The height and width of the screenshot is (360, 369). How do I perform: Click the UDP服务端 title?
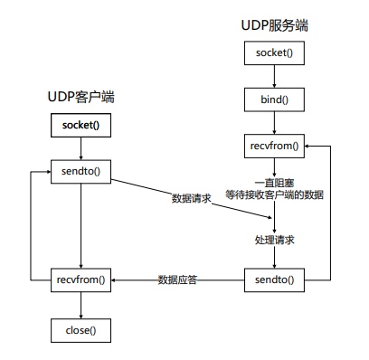274,26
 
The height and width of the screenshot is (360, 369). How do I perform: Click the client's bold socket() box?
81,125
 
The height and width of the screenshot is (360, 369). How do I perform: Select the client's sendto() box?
81,170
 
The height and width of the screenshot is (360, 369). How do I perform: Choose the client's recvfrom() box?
81,279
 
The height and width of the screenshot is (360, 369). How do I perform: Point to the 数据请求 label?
191,198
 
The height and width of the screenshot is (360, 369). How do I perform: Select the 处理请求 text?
274,241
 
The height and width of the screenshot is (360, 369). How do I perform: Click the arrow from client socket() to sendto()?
81,147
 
